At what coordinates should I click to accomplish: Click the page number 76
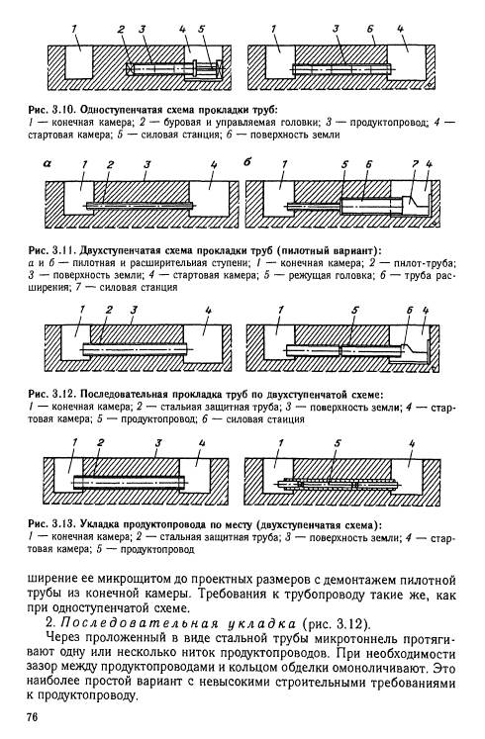click(x=32, y=717)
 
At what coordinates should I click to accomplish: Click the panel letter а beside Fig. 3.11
click(x=48, y=163)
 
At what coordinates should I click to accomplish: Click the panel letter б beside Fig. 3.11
click(x=247, y=162)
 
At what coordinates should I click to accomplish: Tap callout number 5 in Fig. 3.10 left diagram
click(x=201, y=30)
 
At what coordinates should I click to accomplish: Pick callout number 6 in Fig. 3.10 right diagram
click(x=370, y=30)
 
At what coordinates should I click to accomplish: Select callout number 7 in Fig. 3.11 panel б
click(x=415, y=164)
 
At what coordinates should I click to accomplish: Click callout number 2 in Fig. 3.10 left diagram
click(x=121, y=30)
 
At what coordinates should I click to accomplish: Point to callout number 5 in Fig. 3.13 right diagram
click(x=338, y=443)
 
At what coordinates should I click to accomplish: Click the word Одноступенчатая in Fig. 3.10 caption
click(x=118, y=110)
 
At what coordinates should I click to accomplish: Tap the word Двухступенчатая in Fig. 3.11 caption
click(x=118, y=249)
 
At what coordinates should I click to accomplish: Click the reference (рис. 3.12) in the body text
click(x=337, y=624)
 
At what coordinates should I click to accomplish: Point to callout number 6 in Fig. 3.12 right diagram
click(x=410, y=311)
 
